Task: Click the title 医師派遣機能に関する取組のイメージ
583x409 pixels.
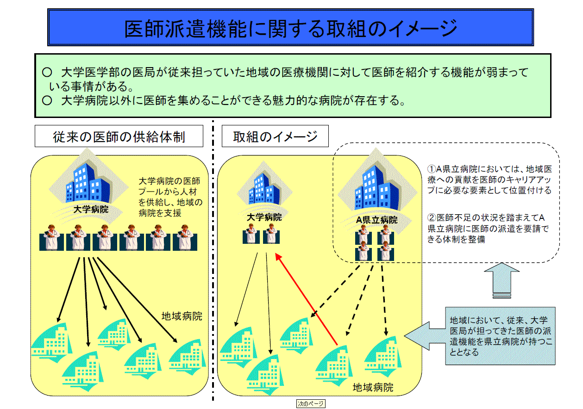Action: click(x=291, y=29)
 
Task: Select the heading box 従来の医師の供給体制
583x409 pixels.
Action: click(x=119, y=136)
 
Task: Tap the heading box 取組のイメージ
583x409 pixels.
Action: click(x=275, y=136)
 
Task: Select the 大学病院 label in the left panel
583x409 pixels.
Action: click(x=91, y=209)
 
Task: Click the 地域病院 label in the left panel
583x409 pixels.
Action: click(x=182, y=316)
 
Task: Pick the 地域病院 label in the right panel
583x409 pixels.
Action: click(x=373, y=387)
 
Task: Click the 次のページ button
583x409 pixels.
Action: click(x=311, y=403)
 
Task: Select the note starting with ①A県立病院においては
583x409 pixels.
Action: click(x=489, y=180)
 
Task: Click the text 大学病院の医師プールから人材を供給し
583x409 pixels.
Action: click(x=170, y=197)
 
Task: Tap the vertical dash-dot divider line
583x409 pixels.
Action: click(x=213, y=259)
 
